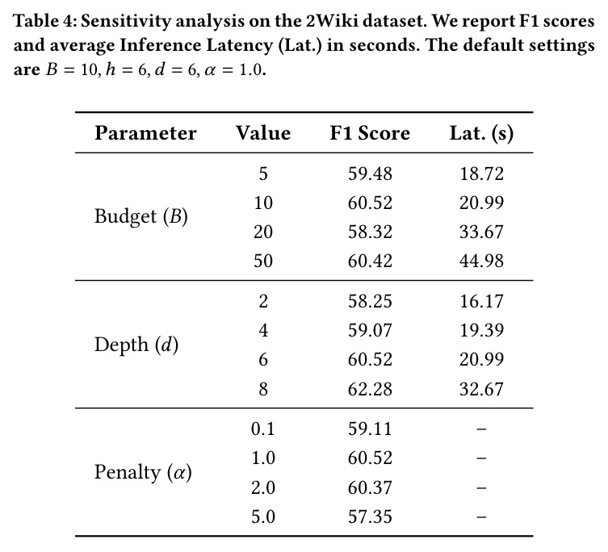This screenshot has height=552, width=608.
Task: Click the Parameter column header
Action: point(145,133)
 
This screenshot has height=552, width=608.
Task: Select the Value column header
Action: point(263,133)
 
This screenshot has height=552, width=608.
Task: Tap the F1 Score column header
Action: point(370,133)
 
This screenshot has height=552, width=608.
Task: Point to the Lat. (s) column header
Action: point(481,134)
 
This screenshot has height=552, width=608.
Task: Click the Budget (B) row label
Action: point(141,216)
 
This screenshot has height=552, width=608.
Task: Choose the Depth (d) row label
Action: point(136,345)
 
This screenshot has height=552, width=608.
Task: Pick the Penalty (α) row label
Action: point(143,473)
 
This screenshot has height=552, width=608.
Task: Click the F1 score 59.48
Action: point(370,174)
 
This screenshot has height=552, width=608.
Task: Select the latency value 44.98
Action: point(481,261)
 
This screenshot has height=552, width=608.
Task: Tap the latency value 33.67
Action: point(481,232)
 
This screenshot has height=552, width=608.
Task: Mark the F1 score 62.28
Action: point(370,389)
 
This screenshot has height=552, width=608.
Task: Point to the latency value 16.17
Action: point(481,301)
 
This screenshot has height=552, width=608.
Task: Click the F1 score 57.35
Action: point(370,516)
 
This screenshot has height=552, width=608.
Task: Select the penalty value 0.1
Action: point(263,429)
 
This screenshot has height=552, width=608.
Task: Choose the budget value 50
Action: point(263,261)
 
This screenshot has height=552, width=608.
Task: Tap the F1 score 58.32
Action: point(370,232)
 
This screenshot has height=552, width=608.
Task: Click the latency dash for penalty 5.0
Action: point(481,516)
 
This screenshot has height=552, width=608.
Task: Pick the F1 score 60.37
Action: point(370,487)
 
